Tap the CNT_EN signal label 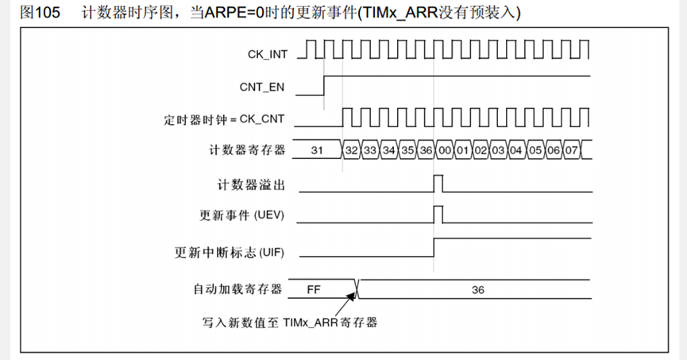click(x=263, y=85)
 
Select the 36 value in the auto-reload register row click(x=477, y=289)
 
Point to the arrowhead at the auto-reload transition click(x=353, y=295)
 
